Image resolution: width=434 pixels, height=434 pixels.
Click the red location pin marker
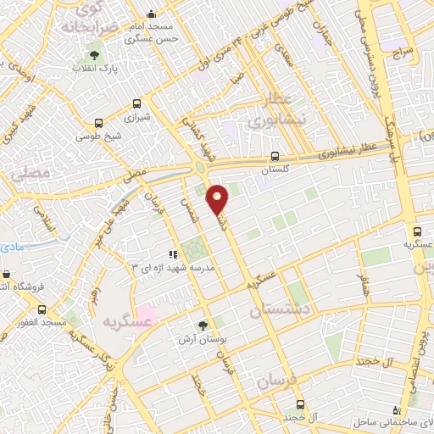click(219, 198)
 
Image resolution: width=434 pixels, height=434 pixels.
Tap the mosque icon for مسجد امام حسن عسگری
click(151, 14)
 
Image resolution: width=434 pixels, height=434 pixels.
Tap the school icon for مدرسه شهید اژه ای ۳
click(172, 253)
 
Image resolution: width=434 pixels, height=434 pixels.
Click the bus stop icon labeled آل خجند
click(298, 404)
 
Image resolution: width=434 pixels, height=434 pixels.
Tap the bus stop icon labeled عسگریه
click(416, 231)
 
